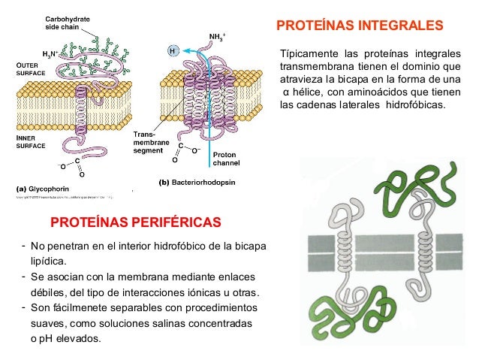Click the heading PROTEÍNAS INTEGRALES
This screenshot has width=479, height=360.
360,27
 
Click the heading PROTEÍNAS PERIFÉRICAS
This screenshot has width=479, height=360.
135,222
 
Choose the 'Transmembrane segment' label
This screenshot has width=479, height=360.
147,142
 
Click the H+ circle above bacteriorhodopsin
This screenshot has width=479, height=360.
173,51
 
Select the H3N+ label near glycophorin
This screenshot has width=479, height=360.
50,54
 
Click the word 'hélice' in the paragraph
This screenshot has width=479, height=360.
309,92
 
